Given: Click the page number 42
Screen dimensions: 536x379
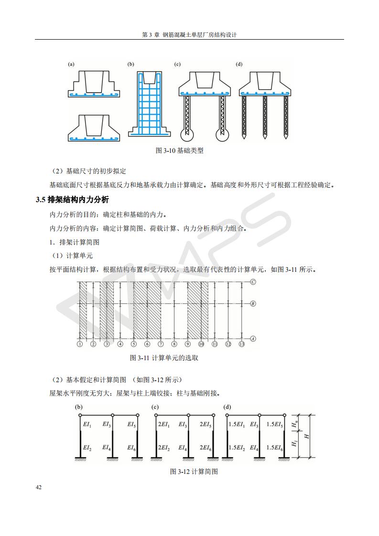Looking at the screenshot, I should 39,487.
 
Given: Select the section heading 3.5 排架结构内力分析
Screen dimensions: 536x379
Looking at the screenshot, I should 72,200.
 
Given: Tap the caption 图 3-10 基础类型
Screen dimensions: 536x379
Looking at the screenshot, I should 179,150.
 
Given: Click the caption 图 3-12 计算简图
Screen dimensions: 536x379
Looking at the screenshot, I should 194,472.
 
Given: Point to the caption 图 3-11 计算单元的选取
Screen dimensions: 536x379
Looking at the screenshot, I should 164,358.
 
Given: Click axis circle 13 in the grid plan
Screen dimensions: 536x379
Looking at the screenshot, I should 242,344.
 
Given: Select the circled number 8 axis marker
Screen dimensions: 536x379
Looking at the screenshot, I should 174,344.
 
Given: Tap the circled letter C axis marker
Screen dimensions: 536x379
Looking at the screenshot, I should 253,282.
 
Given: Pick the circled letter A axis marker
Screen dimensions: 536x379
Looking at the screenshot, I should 253,338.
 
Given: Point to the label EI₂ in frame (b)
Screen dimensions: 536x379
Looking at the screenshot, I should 87,448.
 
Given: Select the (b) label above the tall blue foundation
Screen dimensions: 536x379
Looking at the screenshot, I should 130,64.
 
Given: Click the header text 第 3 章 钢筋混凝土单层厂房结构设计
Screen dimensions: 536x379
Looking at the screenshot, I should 190,35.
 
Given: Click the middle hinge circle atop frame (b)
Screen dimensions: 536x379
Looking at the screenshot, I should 112,416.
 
